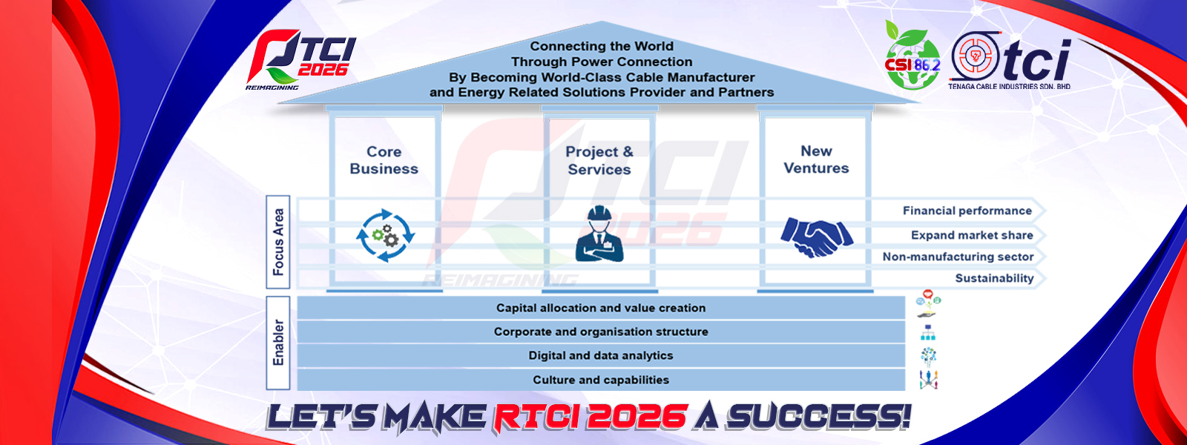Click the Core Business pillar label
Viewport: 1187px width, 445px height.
[384, 160]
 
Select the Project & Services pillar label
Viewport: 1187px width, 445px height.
[599, 160]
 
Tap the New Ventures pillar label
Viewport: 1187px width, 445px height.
[816, 159]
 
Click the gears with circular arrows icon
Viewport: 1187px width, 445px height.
[385, 235]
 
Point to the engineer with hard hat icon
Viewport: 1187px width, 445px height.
[599, 234]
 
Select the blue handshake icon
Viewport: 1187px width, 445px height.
[817, 237]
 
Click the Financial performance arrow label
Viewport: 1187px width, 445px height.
[967, 211]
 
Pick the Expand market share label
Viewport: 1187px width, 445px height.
[972, 235]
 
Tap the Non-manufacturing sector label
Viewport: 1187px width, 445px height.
[958, 257]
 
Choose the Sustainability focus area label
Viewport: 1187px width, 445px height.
[994, 279]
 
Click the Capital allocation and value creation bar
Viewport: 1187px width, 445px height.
[601, 308]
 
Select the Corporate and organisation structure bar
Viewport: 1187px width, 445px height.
[601, 332]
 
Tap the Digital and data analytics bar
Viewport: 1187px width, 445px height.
[601, 355]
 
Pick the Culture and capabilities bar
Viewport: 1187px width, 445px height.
[601, 380]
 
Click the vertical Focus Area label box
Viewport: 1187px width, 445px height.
[277, 242]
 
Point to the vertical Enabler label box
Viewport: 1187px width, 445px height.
[277, 343]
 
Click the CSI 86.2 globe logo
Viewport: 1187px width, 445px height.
[913, 55]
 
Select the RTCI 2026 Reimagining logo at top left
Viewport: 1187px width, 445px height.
[300, 60]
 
